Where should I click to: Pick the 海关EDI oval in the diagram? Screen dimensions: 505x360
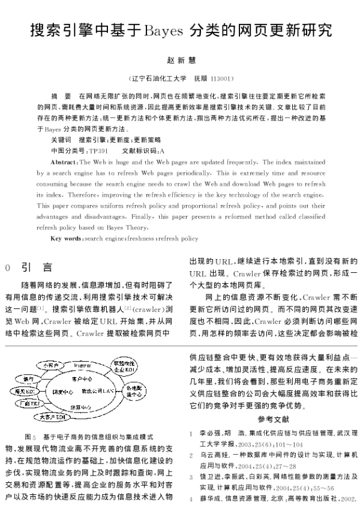click(x=25, y=391)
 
